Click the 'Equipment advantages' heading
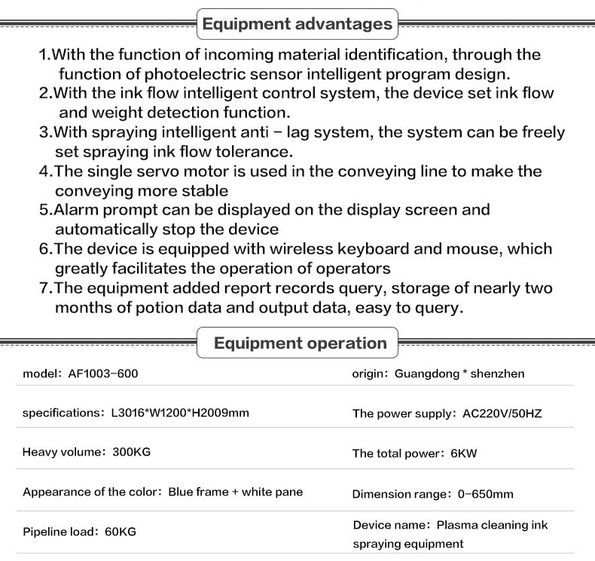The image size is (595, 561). (x=297, y=24)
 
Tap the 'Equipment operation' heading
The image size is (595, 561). (x=300, y=343)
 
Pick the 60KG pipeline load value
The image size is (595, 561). (x=121, y=532)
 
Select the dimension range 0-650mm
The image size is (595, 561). (x=486, y=494)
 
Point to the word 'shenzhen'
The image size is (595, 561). (x=498, y=373)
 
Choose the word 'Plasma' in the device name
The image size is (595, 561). (x=458, y=525)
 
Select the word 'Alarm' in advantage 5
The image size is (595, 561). (x=76, y=210)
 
